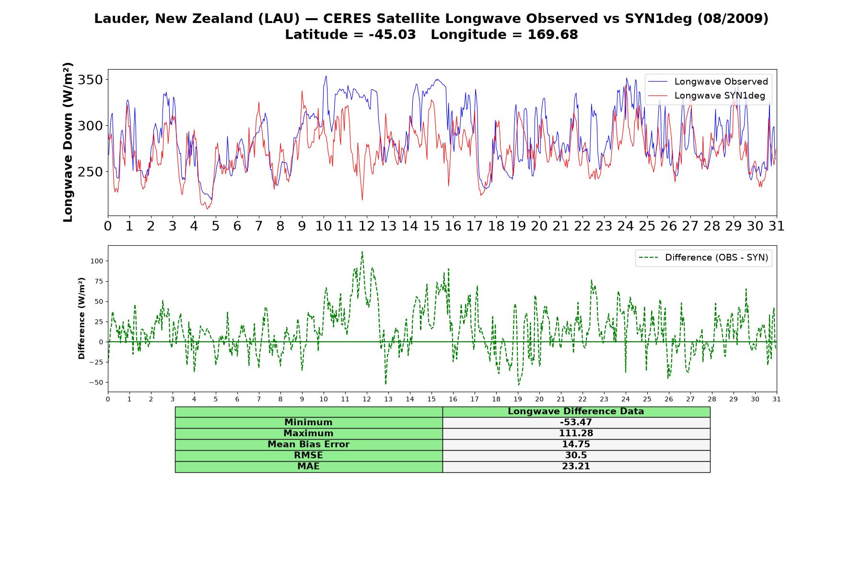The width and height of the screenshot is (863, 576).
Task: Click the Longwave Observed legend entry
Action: (708, 82)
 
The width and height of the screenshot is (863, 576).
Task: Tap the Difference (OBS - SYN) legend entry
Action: (703, 258)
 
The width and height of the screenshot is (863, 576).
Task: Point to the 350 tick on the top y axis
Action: (90, 80)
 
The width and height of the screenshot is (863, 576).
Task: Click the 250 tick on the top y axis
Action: (90, 172)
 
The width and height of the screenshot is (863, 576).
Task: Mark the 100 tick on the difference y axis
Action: (96, 261)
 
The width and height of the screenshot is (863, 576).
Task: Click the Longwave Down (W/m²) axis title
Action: (68, 142)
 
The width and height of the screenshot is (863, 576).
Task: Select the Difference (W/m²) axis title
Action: (82, 318)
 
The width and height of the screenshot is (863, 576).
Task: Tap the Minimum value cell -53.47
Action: (576, 422)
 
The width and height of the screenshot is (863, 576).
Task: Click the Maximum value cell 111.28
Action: (576, 433)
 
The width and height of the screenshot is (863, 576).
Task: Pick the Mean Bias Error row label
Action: (308, 444)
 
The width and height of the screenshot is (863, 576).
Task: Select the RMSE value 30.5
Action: (576, 456)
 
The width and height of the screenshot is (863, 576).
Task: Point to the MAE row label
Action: (308, 467)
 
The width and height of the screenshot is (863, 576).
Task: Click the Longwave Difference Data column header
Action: (576, 411)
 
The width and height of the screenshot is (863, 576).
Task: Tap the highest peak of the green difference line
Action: (362, 252)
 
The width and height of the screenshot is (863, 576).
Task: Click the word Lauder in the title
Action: (122, 19)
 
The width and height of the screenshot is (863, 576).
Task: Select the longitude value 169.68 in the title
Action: (553, 35)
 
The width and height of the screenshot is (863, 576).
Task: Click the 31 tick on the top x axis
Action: (777, 226)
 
